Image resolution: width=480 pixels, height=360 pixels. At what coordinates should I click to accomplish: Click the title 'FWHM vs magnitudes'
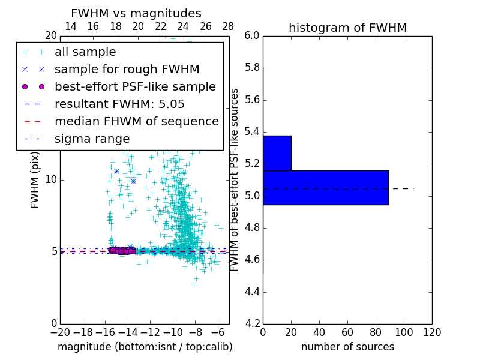(136, 13)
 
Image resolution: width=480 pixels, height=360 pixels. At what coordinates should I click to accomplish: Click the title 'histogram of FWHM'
(347, 28)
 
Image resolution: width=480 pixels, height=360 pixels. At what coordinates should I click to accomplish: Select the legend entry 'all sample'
(85, 52)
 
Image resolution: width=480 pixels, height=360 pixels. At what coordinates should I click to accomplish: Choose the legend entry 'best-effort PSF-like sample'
(135, 86)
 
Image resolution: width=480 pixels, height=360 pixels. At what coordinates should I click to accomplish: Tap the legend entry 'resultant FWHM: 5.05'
(119, 104)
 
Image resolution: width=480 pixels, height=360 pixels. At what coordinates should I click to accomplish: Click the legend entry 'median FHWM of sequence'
(136, 121)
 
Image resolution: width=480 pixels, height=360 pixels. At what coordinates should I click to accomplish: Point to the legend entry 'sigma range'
(92, 139)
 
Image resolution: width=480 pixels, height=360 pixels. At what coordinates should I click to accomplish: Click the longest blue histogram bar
(325, 187)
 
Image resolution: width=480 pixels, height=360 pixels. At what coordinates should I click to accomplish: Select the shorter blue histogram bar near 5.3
(277, 153)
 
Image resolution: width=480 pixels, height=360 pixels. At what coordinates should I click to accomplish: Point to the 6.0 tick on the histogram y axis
(252, 35)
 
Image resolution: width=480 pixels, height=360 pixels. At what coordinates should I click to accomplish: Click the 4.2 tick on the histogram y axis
(252, 324)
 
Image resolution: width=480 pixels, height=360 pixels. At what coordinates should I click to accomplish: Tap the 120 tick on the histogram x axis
(432, 332)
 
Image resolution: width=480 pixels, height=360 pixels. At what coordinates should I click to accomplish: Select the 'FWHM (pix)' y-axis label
(35, 180)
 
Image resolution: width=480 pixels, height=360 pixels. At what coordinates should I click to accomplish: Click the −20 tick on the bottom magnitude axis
(60, 332)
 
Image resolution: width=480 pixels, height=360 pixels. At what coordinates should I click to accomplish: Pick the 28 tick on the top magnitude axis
(228, 26)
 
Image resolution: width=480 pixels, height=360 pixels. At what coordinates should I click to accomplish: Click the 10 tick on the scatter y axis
(51, 179)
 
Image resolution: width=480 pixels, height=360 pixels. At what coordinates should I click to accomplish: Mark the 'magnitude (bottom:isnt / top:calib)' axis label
(145, 347)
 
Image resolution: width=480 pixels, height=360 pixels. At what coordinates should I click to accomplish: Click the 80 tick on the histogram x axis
(376, 332)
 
